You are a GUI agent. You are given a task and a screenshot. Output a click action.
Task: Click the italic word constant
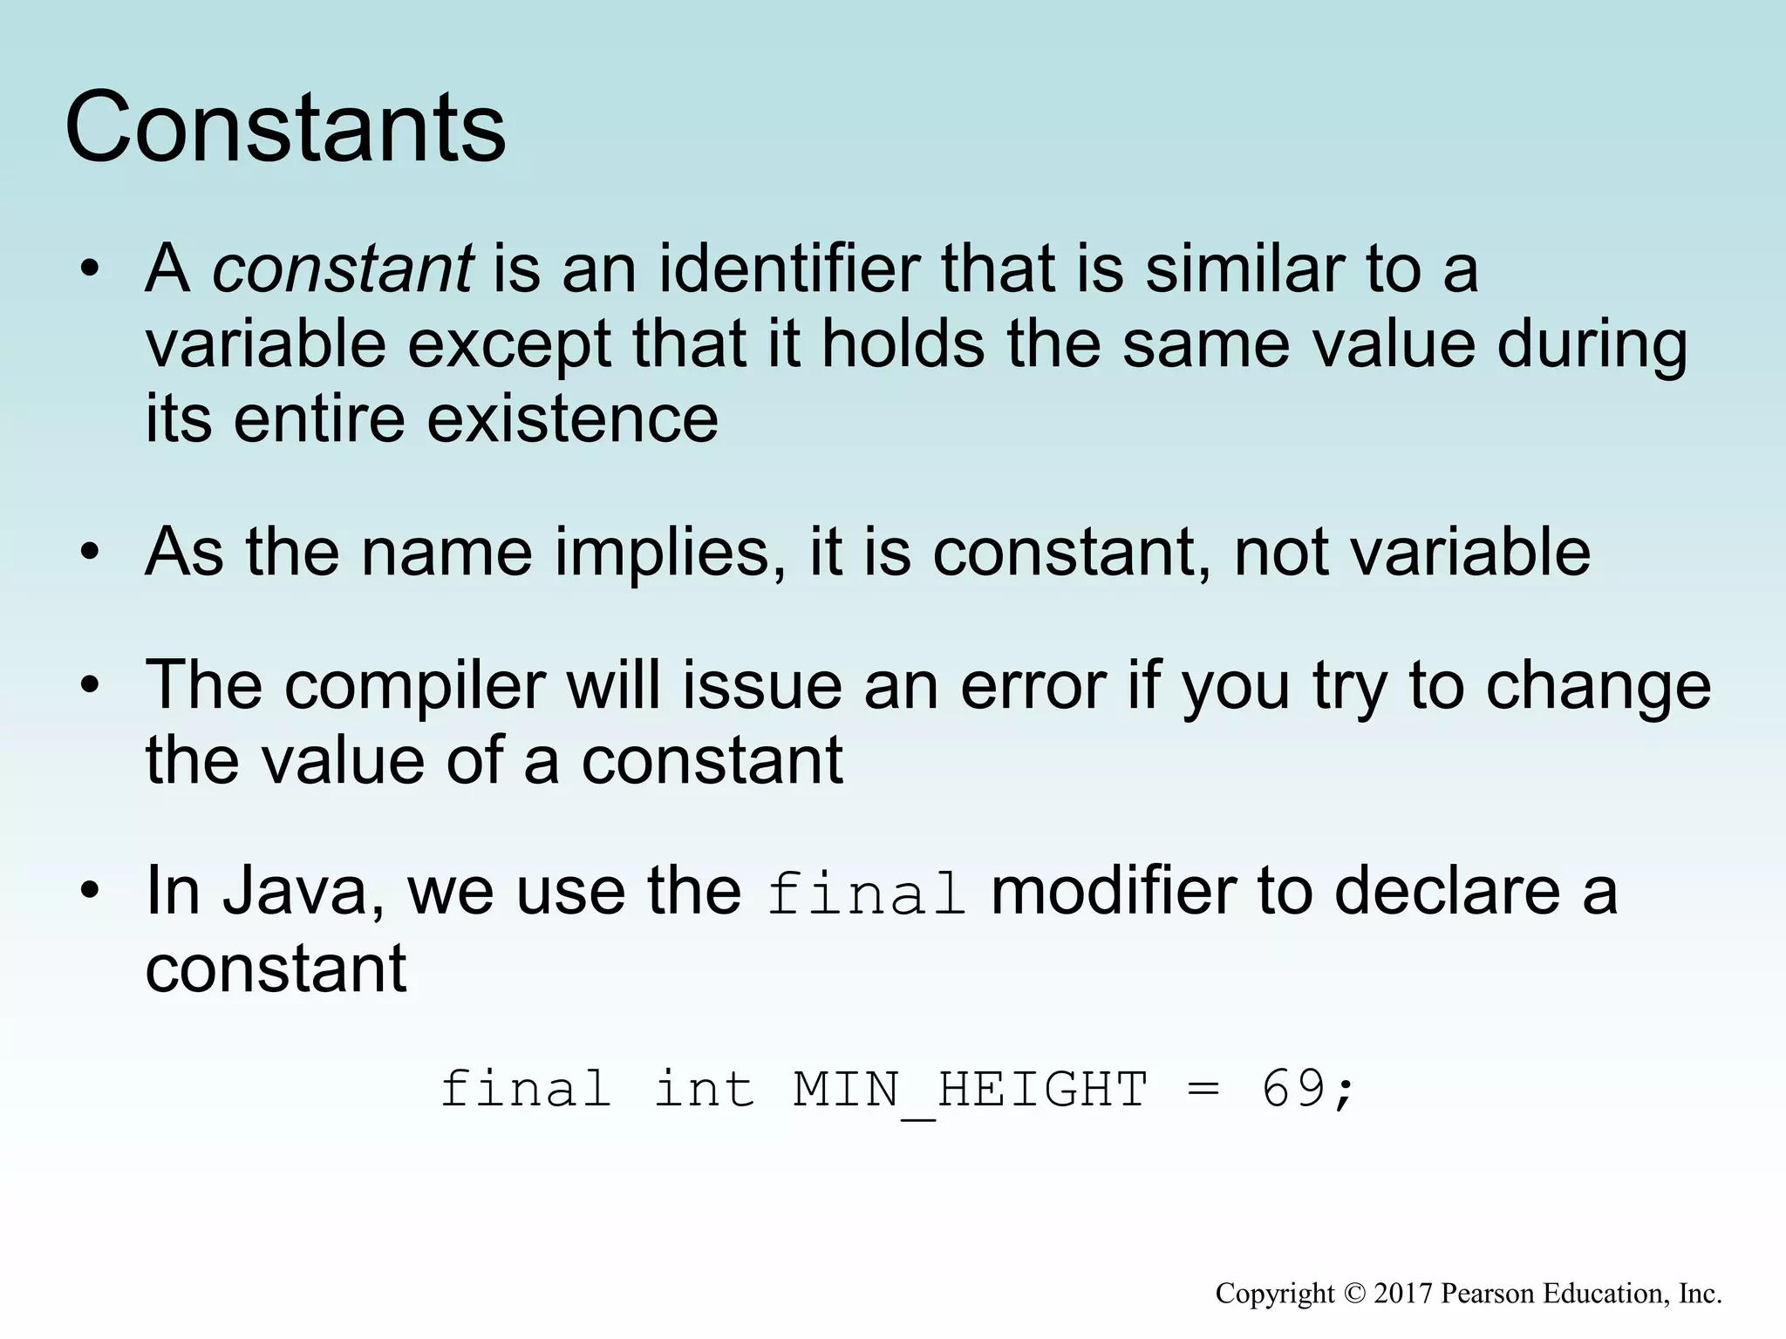click(343, 268)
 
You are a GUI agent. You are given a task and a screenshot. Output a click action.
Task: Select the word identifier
click(788, 268)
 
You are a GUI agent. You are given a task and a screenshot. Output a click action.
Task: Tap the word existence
click(572, 419)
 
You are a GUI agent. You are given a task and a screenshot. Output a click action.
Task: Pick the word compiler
click(415, 686)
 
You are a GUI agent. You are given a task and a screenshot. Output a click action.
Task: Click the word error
click(1033, 686)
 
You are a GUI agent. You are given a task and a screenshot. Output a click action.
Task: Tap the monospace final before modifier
click(866, 894)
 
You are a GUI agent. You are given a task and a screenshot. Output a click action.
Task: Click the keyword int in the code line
click(704, 1090)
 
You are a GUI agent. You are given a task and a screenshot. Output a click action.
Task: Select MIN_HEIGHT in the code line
click(970, 1090)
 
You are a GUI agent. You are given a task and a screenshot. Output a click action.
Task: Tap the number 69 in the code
click(1294, 1090)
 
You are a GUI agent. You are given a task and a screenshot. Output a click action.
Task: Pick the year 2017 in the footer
click(1403, 1294)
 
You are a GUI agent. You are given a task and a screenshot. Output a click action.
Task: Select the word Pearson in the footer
click(1488, 1294)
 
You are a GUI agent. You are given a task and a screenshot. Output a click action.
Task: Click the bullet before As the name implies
click(89, 554)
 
